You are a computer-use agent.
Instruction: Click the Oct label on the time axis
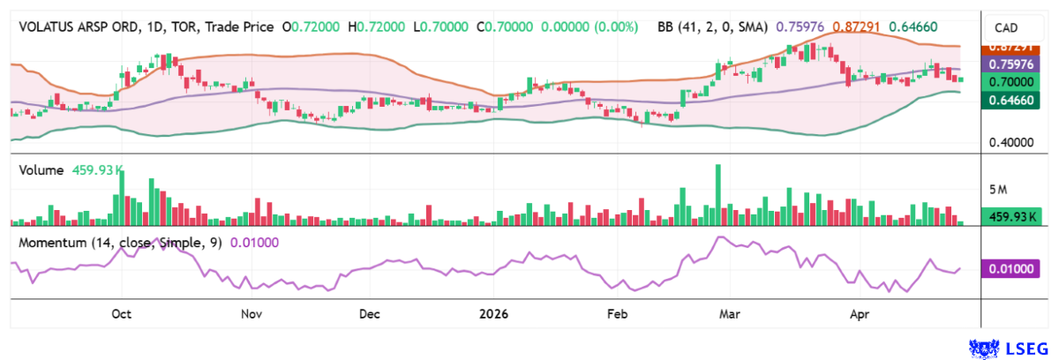point(122,314)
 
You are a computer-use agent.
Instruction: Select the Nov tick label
point(252,314)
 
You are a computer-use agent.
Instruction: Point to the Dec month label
point(369,314)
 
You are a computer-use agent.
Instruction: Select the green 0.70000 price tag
point(1010,81)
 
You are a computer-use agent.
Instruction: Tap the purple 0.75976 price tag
point(1010,64)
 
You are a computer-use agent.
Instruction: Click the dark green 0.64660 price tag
point(1010,101)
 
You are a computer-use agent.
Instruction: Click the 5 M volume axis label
point(998,190)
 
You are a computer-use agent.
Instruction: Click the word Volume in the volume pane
point(41,170)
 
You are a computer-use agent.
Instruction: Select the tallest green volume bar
point(718,194)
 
